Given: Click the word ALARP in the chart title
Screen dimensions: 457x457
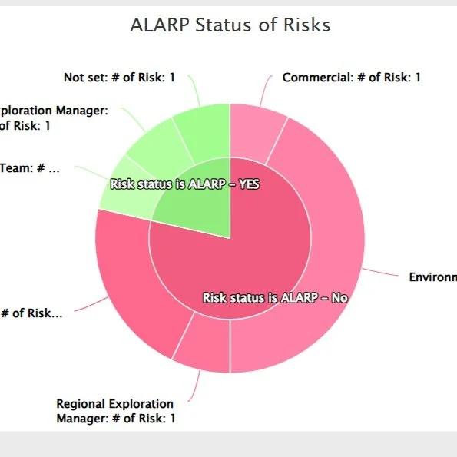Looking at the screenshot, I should pos(157,25).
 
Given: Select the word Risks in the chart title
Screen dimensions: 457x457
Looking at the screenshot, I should pos(305,25).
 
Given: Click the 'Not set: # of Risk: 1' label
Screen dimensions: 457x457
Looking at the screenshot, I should pos(119,78).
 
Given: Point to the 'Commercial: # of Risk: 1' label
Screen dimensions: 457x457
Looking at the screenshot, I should pos(351,78).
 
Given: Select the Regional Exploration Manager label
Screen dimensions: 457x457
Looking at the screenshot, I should pos(115,411).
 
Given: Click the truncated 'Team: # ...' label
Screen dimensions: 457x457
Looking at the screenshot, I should pos(31,168).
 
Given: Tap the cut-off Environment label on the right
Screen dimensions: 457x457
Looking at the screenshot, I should pos(432,277).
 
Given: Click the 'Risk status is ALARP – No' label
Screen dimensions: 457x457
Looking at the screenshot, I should pos(275,297).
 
